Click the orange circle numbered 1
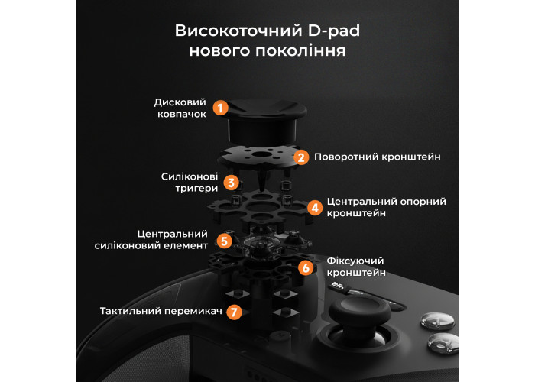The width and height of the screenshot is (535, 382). point(220,108)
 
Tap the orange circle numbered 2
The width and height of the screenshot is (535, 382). point(301,157)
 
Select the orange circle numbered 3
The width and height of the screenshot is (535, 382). point(231,183)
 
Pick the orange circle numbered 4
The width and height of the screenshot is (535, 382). point(315,207)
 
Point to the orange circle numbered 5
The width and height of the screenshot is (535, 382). point(224,241)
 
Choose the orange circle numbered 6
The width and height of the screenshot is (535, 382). point(306,267)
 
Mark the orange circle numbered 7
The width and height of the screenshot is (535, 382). point(234,312)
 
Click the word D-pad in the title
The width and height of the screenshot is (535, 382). point(334,31)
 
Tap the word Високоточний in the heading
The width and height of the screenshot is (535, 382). point(238,31)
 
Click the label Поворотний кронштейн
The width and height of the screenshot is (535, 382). point(378,157)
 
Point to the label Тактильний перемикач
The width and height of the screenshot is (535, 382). point(161,311)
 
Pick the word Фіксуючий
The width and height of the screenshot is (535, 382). point(355,261)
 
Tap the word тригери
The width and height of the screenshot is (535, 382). point(196,188)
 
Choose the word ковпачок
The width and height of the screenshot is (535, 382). point(182,114)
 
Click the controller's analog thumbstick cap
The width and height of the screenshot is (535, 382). point(360,311)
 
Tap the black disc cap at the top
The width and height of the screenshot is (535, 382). point(261,121)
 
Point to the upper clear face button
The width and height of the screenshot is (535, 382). point(437,320)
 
